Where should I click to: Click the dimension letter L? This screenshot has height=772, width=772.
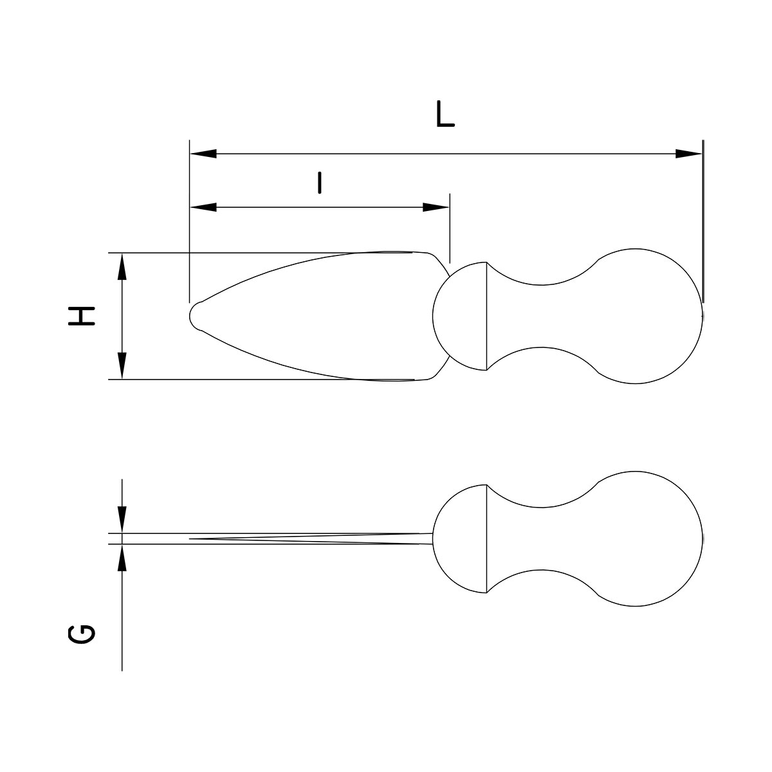point(445,115)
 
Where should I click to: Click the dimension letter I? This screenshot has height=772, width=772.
point(319,183)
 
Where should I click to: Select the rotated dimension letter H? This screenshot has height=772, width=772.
point(82,315)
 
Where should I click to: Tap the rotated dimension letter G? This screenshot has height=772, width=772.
point(82,634)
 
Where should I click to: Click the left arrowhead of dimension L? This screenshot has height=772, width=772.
point(203,154)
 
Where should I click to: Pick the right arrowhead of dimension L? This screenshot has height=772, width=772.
point(689,154)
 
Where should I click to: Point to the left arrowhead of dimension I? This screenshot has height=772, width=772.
point(203,207)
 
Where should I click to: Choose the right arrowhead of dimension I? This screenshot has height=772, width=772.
point(436,207)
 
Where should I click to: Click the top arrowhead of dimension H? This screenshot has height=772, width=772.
point(122,266)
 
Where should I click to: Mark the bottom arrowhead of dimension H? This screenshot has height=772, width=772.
point(122,366)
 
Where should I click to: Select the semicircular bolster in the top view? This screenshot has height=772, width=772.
point(460,315)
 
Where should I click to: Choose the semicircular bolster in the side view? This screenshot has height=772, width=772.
point(460,538)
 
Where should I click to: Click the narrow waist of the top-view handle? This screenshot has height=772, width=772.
point(544,315)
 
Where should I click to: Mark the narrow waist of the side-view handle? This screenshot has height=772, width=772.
point(544,538)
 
